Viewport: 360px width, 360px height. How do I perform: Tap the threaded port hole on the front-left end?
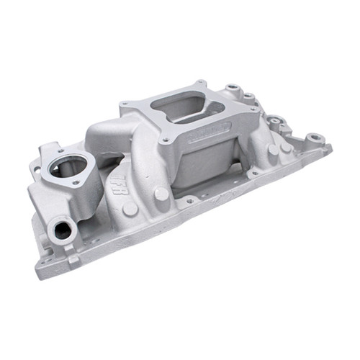[x=62, y=230]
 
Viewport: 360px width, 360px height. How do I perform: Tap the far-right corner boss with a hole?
[x=314, y=138]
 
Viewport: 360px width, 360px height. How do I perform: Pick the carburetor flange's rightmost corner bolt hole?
[x=246, y=113]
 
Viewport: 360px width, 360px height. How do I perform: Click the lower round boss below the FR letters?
[x=130, y=209]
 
